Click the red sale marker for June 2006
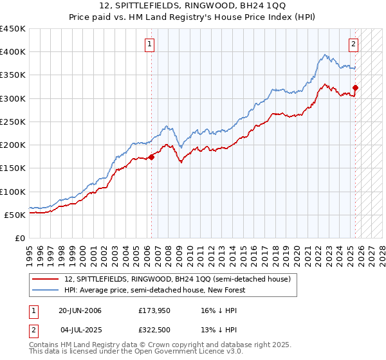pyautogui.click(x=152, y=156)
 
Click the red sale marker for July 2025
pyautogui.click(x=356, y=87)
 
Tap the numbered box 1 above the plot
pyautogui.click(x=149, y=44)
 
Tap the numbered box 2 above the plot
pyautogui.click(x=354, y=44)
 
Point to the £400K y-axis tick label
pyautogui.click(x=13, y=52)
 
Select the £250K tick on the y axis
pyautogui.click(x=13, y=122)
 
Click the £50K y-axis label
pyautogui.click(x=15, y=215)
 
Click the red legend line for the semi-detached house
pyautogui.click(x=46, y=279)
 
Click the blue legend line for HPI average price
pyautogui.click(x=46, y=290)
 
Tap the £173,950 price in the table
pyautogui.click(x=154, y=310)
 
